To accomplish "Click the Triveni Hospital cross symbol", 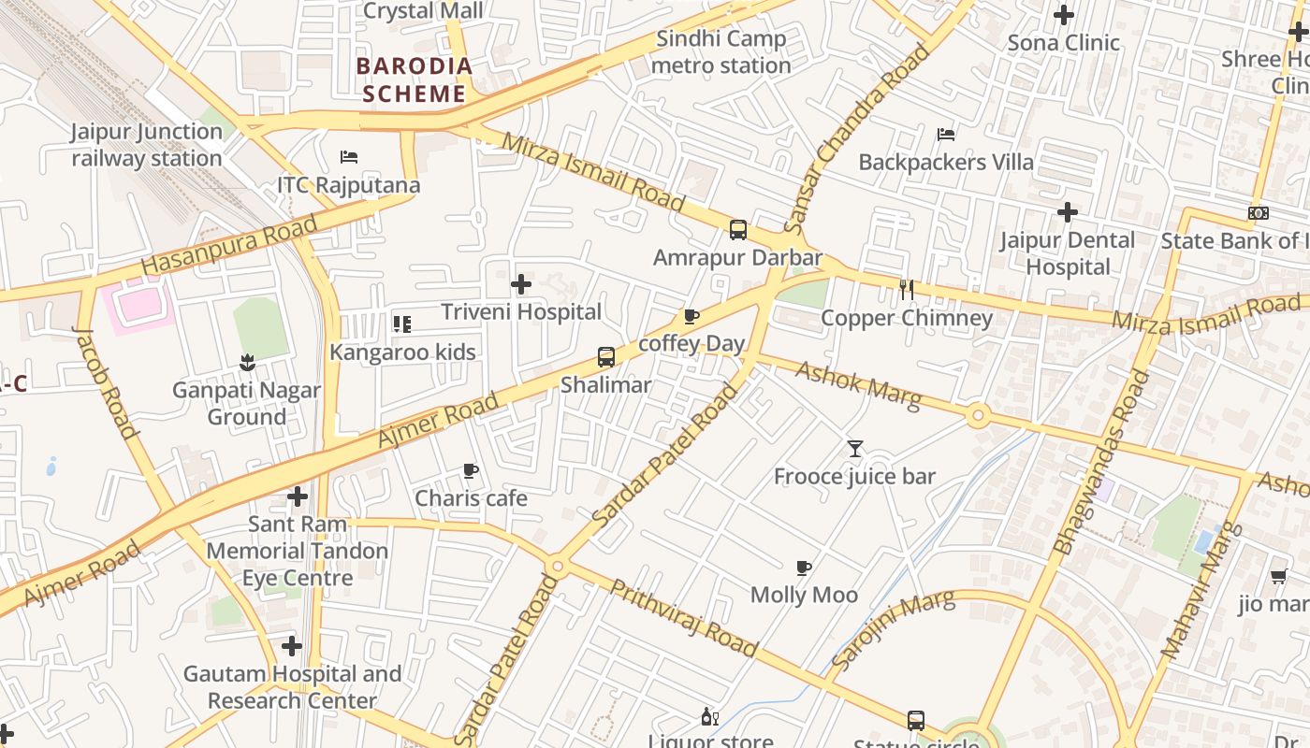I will (x=521, y=283).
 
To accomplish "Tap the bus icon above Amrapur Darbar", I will (x=738, y=229).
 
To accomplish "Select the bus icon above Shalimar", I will (x=606, y=356).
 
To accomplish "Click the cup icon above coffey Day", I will (x=691, y=316).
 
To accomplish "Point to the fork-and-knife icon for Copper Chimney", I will (x=906, y=290).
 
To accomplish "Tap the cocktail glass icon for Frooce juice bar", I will (x=854, y=449).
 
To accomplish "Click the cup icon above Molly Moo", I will (x=803, y=568).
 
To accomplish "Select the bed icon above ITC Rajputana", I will (x=349, y=157).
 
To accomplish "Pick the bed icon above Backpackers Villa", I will (x=946, y=135).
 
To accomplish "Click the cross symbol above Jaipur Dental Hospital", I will (x=1068, y=212).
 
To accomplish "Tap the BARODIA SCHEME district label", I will (x=415, y=80).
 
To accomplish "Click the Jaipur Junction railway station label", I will (x=147, y=145).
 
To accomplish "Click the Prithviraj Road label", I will (x=684, y=617).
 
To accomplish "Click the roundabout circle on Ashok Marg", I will (x=979, y=415).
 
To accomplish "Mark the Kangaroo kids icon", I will (x=401, y=324).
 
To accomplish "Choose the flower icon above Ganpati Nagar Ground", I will (x=247, y=362).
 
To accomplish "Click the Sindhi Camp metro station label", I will (x=720, y=52).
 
